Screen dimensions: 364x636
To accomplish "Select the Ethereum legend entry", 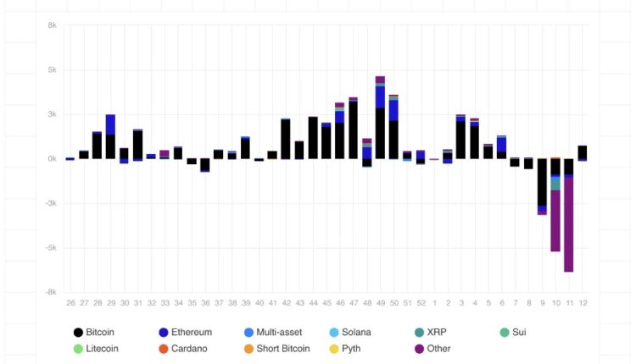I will click(x=185, y=333).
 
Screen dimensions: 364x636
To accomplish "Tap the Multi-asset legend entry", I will click(x=275, y=333).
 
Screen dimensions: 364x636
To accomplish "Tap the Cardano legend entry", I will click(x=185, y=349).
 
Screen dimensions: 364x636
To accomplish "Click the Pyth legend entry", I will click(x=351, y=349).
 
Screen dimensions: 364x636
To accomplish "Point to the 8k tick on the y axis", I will click(x=53, y=25).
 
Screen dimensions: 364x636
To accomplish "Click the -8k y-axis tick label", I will click(x=51, y=292).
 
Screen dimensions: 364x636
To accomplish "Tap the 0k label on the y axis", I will click(x=53, y=159).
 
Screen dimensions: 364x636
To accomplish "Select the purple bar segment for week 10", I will click(x=555, y=220).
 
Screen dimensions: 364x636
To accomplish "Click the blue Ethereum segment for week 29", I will click(x=110, y=124).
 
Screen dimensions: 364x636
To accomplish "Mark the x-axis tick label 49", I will click(x=380, y=302).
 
